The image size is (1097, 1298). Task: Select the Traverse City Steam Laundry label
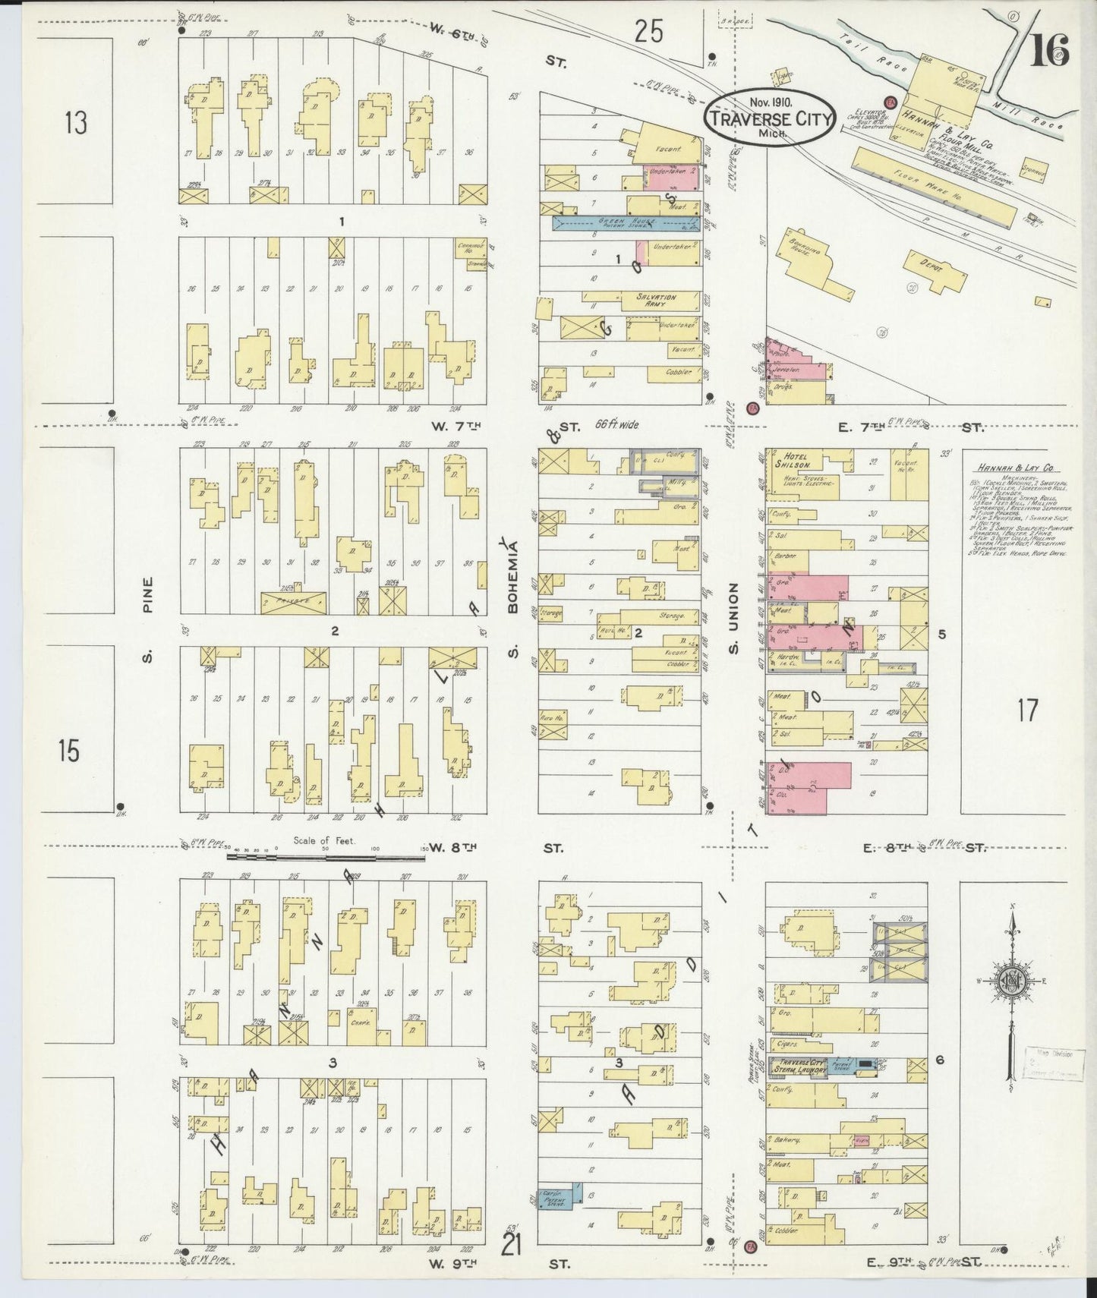pyautogui.click(x=797, y=1066)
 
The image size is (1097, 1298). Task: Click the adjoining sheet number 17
pyautogui.click(x=1027, y=711)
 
